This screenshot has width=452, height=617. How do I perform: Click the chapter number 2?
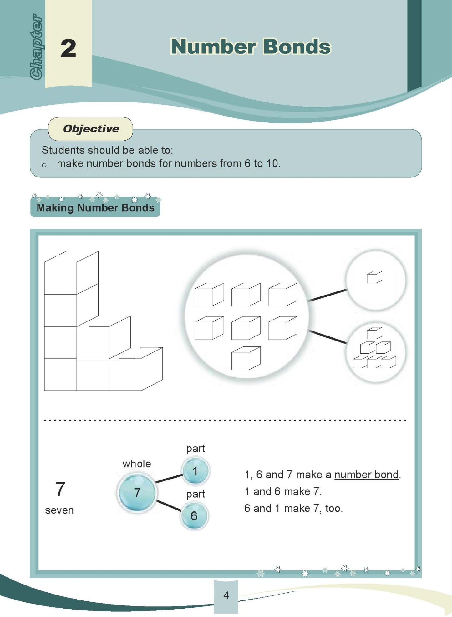coord(68,48)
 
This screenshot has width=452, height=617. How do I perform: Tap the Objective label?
coord(91,129)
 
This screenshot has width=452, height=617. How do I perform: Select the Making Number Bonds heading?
coord(95,208)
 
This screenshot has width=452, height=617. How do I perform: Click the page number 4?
coord(226,595)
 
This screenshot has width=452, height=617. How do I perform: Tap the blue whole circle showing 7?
coord(137,493)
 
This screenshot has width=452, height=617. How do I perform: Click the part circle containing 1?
coord(195,471)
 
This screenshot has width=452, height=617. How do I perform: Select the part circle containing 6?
coord(194,516)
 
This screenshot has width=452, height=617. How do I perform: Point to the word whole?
coord(136,464)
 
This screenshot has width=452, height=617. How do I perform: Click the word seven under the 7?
coord(59,510)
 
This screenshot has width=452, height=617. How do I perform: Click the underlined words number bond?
coord(366,475)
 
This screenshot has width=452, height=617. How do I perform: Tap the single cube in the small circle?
coord(374,277)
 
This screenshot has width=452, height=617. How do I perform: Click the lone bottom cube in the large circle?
coord(246,358)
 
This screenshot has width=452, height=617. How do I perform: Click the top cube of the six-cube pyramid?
coord(374,333)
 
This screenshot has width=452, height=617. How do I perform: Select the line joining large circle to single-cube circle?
coord(327,295)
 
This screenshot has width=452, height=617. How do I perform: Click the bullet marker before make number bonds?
coord(44,165)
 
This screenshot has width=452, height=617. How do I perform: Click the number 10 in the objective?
coord(272,163)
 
